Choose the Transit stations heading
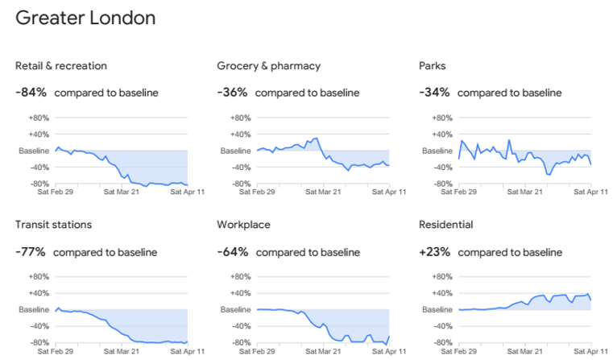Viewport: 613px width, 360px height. [53, 225]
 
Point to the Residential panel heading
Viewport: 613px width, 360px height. [446, 225]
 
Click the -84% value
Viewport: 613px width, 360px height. [31, 93]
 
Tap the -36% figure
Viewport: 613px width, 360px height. [232, 93]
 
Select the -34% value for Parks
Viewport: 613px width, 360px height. [434, 93]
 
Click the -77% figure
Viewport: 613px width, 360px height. [30, 252]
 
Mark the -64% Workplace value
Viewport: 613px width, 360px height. [232, 252]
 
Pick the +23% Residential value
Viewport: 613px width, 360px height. [435, 252]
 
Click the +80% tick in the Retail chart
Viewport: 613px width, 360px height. [39, 118]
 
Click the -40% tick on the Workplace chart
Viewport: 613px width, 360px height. [240, 326]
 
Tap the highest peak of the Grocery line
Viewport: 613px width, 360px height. [317, 138]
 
